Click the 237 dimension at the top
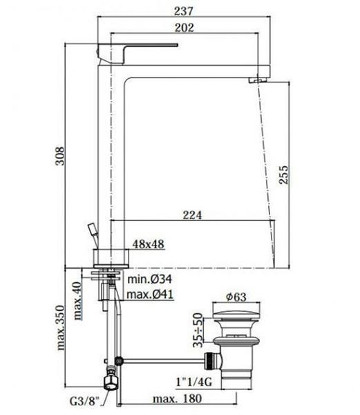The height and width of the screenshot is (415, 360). pos(184,11)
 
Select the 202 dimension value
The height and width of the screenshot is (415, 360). pos(184,28)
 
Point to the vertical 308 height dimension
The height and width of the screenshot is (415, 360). pos(59,156)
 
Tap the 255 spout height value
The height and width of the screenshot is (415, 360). pos(283,175)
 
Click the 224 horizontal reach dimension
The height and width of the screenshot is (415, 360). pos(192,215)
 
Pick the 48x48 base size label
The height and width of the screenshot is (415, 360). pos(149,244)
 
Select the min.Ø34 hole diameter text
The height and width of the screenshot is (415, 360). pos(150,279)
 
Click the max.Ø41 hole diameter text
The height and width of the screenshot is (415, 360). pos(150,294)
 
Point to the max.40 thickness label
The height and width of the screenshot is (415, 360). pos(77,301)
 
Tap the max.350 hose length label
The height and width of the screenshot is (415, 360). pos(61,328)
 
